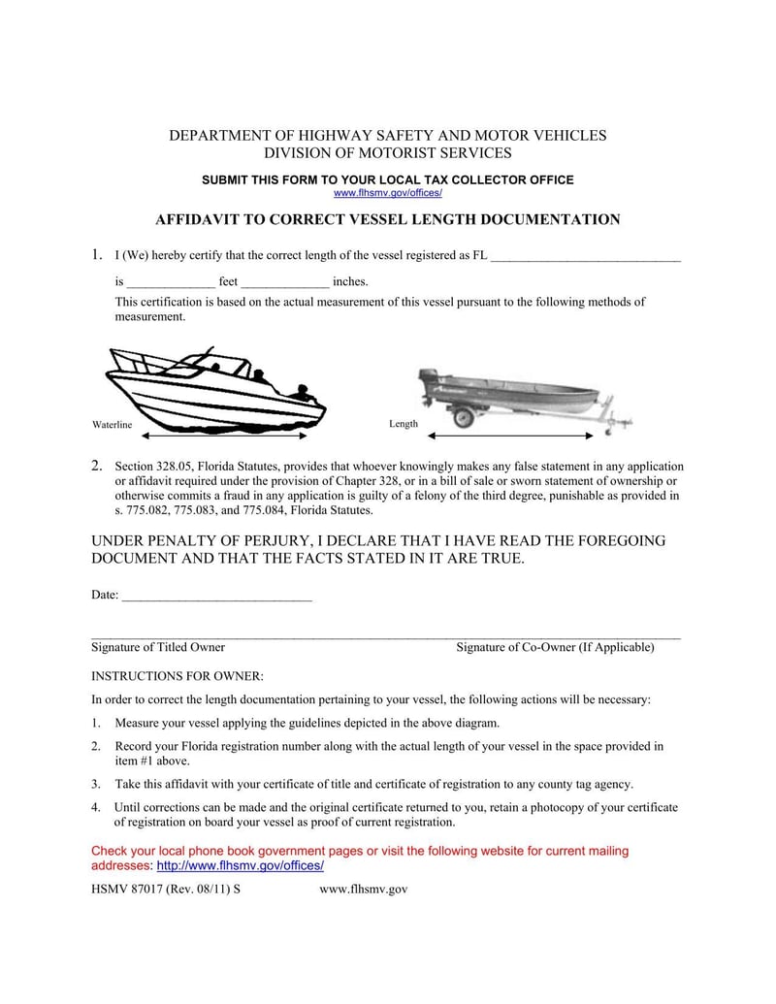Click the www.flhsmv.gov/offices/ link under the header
387,193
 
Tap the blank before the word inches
285,283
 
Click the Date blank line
216,595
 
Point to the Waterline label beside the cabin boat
112,425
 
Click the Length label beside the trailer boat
404,424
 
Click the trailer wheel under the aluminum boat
465,418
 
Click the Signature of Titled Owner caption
158,647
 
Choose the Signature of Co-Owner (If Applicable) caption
555,647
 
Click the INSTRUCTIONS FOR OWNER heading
177,675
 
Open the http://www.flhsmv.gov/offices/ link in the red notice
240,865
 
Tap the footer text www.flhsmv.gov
363,889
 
